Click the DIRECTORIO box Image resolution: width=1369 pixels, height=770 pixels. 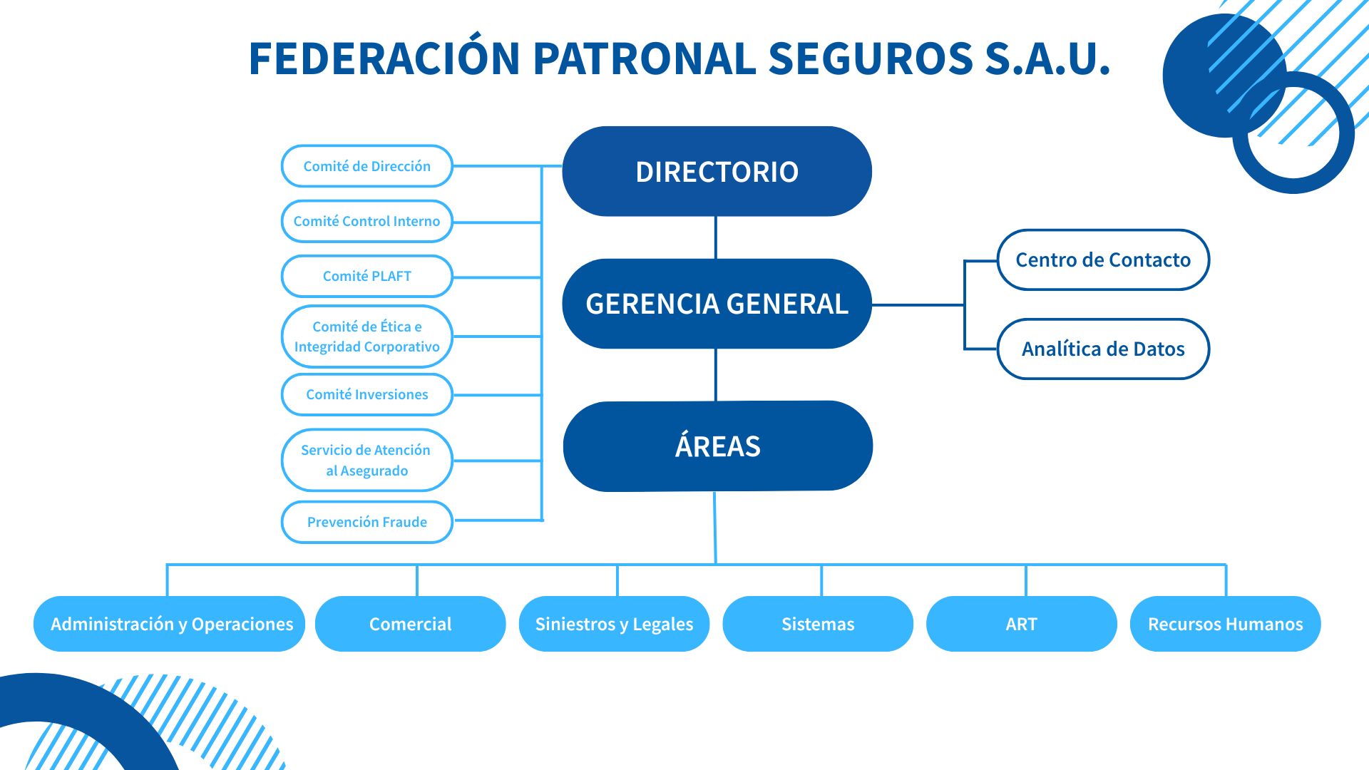(717, 172)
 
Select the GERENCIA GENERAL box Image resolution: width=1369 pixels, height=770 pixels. (717, 304)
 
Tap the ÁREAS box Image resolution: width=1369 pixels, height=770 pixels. (717, 446)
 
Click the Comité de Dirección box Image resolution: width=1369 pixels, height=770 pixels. (367, 166)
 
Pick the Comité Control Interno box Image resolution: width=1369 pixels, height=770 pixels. (367, 221)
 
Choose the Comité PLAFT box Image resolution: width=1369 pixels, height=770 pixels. (367, 276)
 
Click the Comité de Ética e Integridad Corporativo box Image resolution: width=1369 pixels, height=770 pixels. (367, 337)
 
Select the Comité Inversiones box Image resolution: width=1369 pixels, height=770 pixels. (367, 394)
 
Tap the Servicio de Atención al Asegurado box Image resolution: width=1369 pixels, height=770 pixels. (367, 460)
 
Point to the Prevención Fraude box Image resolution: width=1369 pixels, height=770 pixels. (367, 522)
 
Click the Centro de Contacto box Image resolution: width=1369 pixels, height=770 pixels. (1103, 260)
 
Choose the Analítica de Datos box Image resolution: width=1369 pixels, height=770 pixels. (1103, 349)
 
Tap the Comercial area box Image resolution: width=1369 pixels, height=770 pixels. (411, 624)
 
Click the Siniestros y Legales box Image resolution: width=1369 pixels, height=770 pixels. (614, 624)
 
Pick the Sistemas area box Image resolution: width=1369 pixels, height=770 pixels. (818, 624)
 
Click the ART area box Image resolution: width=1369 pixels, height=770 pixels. (1021, 624)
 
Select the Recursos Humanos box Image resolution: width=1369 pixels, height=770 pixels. (1225, 624)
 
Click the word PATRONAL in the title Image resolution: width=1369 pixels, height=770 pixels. (644, 58)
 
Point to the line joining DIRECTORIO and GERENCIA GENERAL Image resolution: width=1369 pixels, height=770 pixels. (716, 237)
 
